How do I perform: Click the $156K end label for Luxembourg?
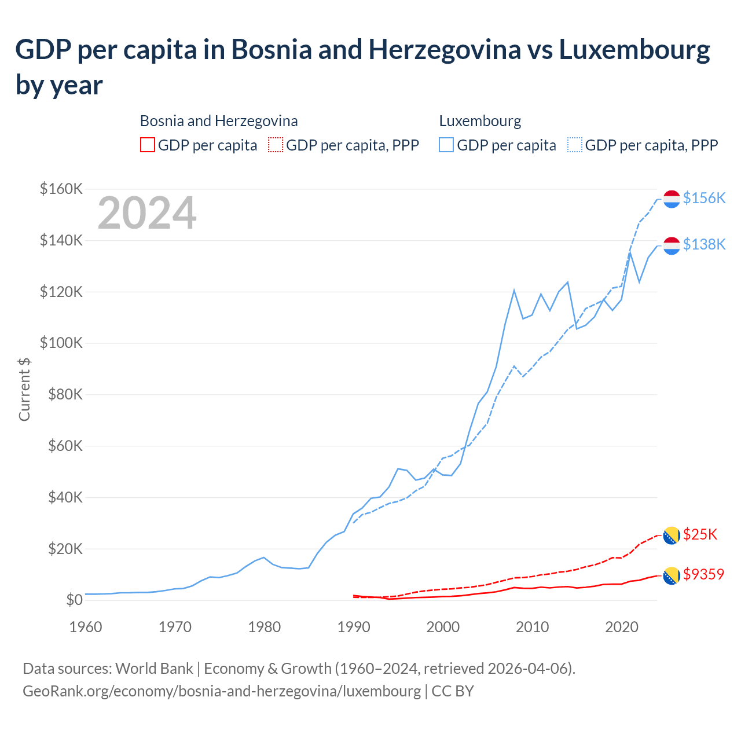[x=704, y=198]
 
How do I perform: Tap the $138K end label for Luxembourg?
[x=704, y=244]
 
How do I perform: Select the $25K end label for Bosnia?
[x=700, y=534]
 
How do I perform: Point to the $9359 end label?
[x=703, y=574]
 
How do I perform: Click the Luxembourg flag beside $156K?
[x=671, y=199]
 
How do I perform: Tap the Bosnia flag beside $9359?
[x=671, y=575]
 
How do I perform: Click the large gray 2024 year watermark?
[x=147, y=213]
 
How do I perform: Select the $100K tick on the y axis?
[x=61, y=343]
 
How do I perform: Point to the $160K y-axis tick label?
[x=61, y=189]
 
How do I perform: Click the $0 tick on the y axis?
[x=74, y=600]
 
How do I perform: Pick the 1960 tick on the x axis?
[x=86, y=627]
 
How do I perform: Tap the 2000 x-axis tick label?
[x=443, y=627]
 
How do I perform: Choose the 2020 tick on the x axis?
[x=621, y=627]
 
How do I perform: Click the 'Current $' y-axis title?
[x=24, y=389]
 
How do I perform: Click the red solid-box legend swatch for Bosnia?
[x=148, y=145]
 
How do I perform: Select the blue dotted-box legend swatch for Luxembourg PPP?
[x=575, y=145]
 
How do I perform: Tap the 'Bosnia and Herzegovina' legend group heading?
[x=219, y=121]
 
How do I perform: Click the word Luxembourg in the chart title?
[x=634, y=50]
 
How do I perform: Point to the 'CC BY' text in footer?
[x=453, y=691]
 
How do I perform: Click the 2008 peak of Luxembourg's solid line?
[x=514, y=290]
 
